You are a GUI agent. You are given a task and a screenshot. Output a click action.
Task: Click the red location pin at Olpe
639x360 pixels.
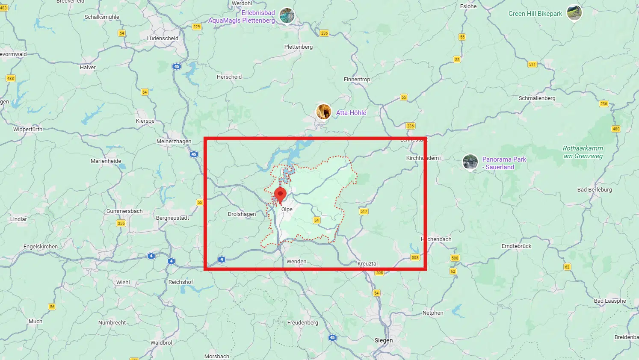pyautogui.click(x=280, y=195)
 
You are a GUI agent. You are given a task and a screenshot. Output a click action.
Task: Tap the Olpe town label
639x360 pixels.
pyautogui.click(x=287, y=210)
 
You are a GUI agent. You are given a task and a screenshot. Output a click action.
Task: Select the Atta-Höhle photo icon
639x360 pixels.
pyautogui.click(x=323, y=112)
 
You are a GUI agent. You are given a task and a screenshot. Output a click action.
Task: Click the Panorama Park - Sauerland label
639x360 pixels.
pyautogui.click(x=504, y=163)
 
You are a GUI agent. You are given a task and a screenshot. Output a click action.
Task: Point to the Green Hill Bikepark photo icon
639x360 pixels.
pyautogui.click(x=574, y=12)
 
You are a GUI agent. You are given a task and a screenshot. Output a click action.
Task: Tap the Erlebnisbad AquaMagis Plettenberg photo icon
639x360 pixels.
pyautogui.click(x=287, y=16)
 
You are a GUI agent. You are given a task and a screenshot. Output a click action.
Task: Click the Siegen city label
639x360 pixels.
pyautogui.click(x=383, y=340)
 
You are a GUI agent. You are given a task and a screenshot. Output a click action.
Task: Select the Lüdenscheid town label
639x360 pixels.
pyautogui.click(x=163, y=38)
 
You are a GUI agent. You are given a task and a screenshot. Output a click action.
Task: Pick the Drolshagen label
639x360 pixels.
pyautogui.click(x=242, y=214)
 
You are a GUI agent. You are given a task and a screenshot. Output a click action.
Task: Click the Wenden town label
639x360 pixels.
pyautogui.click(x=296, y=261)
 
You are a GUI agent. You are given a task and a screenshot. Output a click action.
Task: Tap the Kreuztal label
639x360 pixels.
pyautogui.click(x=367, y=263)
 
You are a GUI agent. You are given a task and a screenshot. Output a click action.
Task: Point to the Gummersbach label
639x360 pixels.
pyautogui.click(x=124, y=211)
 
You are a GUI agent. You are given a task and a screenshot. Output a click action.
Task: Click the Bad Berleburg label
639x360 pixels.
pyautogui.click(x=595, y=189)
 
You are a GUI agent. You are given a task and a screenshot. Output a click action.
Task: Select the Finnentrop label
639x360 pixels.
pyautogui.click(x=357, y=79)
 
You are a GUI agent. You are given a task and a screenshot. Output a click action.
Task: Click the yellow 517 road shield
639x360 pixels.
pyautogui.click(x=364, y=211)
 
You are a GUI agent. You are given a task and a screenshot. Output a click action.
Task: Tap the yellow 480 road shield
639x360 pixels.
pyautogui.click(x=616, y=129)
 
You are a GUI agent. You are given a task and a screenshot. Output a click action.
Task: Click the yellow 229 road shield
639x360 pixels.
pyautogui.click(x=196, y=27)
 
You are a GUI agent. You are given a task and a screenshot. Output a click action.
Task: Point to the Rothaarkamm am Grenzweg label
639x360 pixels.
pyautogui.click(x=583, y=152)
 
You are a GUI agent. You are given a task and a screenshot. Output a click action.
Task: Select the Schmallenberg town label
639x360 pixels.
pyautogui.click(x=537, y=98)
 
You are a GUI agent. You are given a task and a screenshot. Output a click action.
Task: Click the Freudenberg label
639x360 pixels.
pyautogui.click(x=302, y=322)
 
